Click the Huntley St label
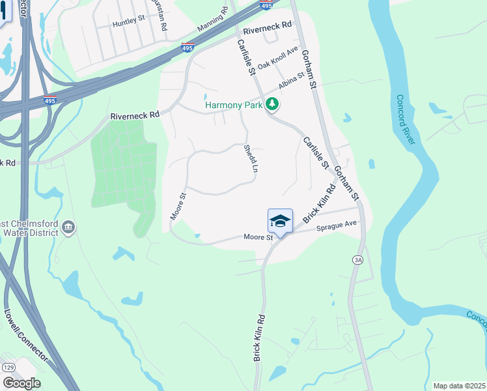128,22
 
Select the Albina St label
292,82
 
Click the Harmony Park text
233,105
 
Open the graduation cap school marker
280,222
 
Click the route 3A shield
357,259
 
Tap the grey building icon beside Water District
68,227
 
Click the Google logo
21,383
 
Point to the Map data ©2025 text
459,386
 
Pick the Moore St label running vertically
177,205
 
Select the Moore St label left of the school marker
258,237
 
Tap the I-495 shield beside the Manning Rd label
187,48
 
